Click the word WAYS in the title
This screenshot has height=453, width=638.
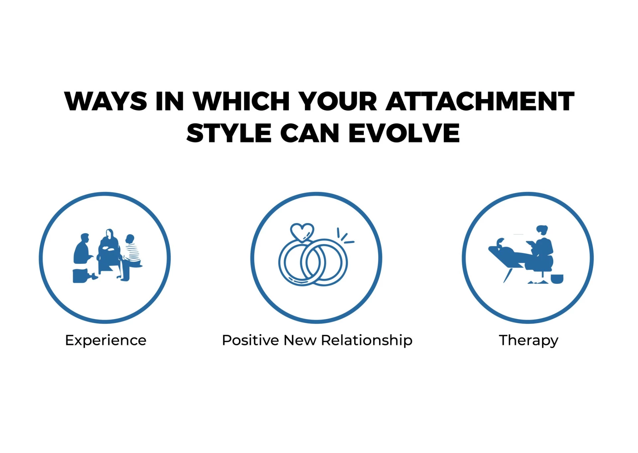[x=106, y=101]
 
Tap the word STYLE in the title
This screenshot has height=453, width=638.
[x=229, y=133]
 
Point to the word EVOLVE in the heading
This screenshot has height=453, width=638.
[x=404, y=133]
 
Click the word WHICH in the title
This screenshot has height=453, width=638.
[x=241, y=101]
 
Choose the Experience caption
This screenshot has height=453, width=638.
[x=106, y=341]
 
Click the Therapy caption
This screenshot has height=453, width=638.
[x=528, y=341]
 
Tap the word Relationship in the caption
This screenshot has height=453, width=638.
[x=367, y=341]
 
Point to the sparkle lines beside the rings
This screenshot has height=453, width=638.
[x=345, y=236]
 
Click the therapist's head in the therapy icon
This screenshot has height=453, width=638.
[x=542, y=230]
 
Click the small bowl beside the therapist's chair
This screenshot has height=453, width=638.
[x=557, y=279]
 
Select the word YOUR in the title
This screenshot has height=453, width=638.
[x=338, y=101]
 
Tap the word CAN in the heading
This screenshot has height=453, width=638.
[x=310, y=133]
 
